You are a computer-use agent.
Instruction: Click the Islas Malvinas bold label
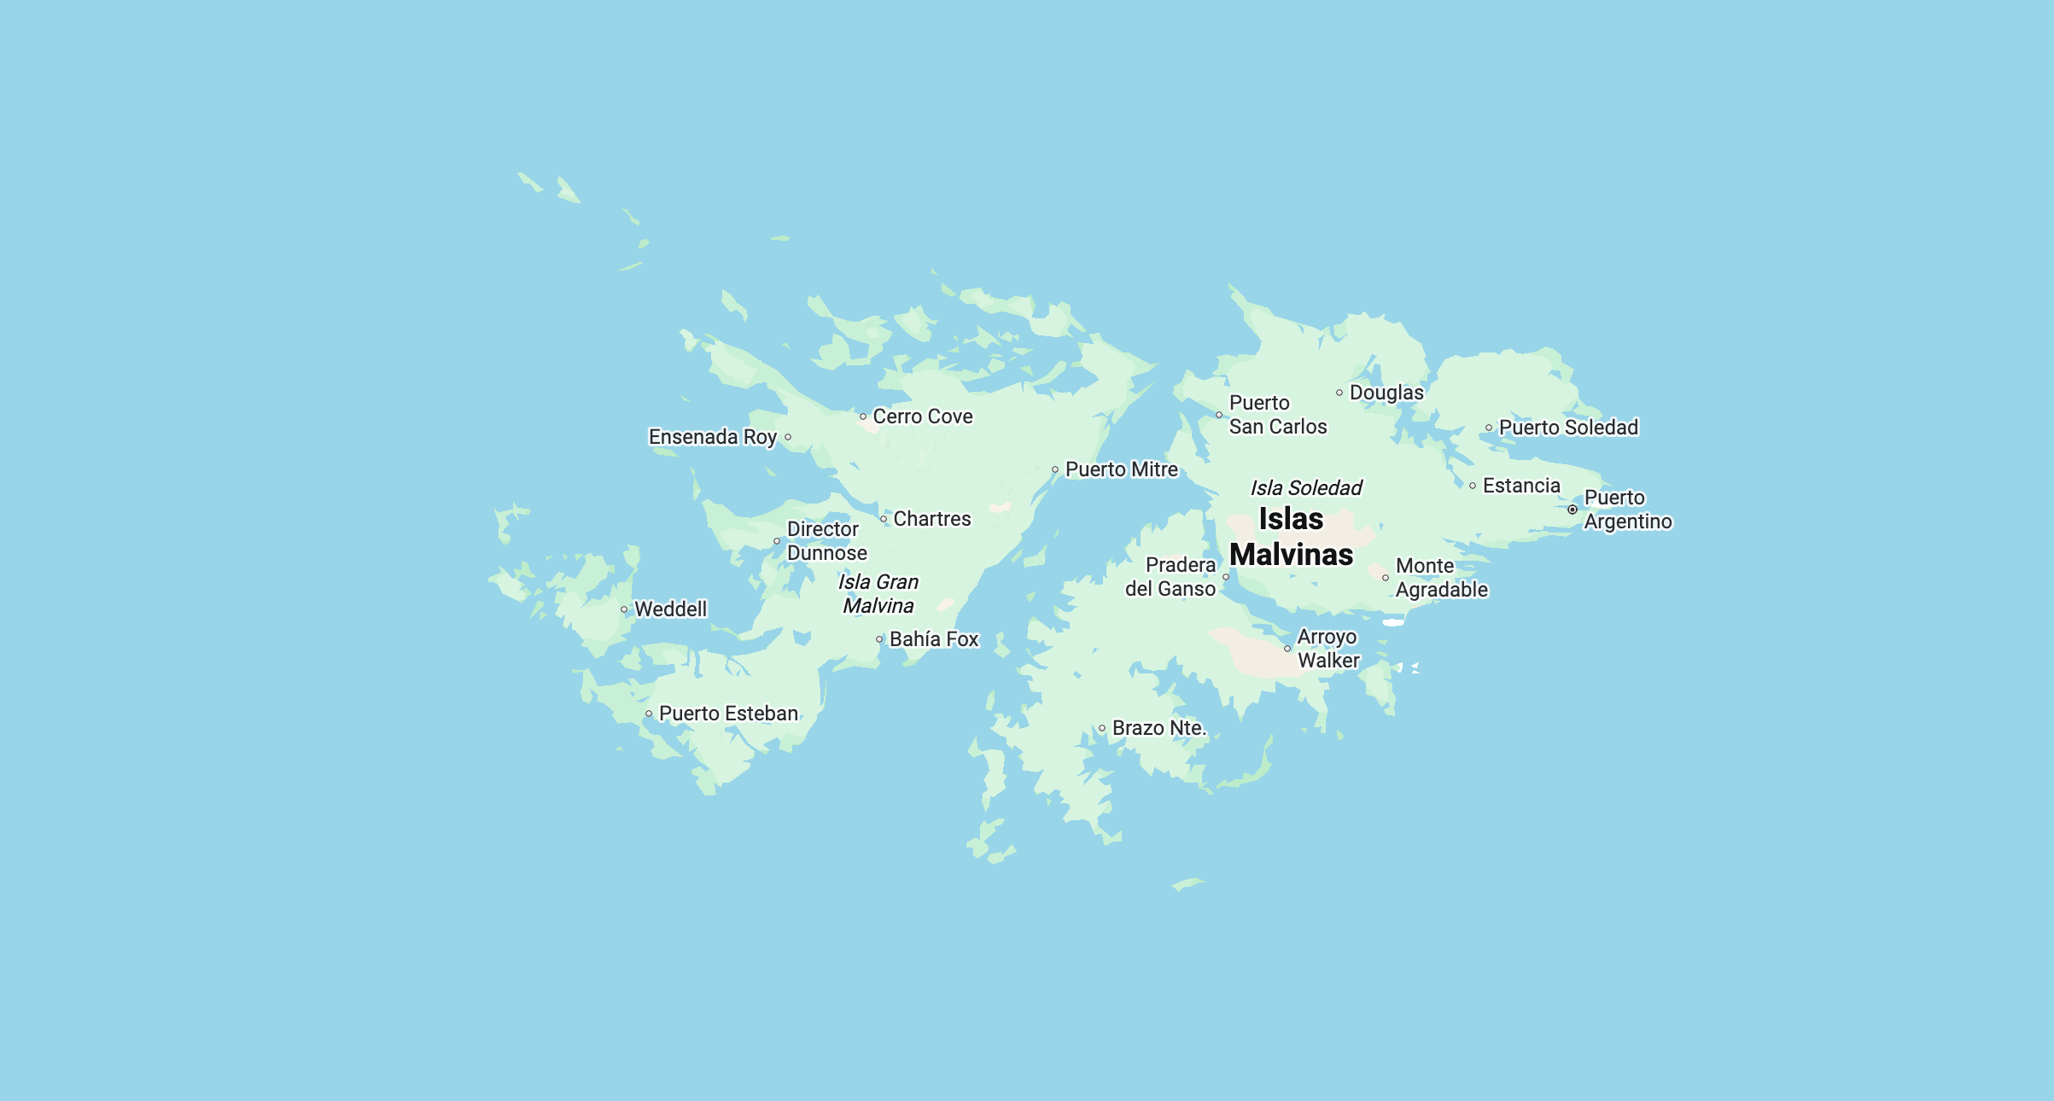click(1291, 537)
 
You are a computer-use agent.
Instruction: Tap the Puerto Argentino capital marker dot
click(1573, 510)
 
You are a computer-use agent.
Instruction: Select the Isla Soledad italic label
click(1306, 488)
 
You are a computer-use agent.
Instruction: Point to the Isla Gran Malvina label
click(878, 594)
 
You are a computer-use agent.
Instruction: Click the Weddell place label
click(670, 609)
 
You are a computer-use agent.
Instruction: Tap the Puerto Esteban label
click(728, 714)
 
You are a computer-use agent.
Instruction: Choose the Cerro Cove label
click(922, 417)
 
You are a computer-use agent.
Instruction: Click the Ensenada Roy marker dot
click(788, 437)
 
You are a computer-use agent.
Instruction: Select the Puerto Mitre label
click(1121, 469)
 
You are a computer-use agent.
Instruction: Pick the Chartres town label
click(931, 519)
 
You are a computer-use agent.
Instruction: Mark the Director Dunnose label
click(826, 541)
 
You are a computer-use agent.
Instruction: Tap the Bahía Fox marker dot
click(879, 639)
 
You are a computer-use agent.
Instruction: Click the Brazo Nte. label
click(1158, 728)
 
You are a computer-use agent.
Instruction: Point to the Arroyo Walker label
click(1328, 649)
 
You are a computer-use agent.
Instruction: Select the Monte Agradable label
click(1441, 578)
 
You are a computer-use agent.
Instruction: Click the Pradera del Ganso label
click(1170, 577)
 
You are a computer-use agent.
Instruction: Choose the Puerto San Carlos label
click(1277, 415)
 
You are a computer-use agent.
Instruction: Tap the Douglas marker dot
click(1339, 393)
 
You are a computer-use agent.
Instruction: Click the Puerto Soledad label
click(1568, 428)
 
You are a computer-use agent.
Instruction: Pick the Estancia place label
click(1520, 486)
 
